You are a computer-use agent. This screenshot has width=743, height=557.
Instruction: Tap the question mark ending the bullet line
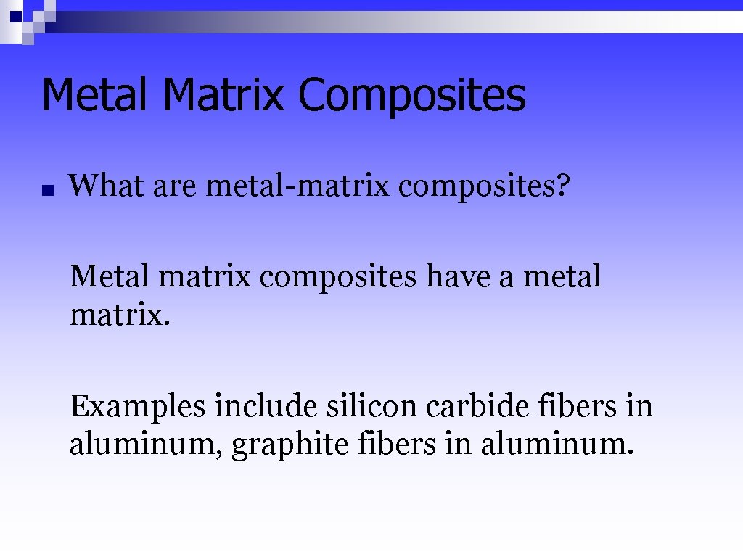[x=565, y=186]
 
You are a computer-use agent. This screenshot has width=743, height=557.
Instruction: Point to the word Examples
[x=138, y=406]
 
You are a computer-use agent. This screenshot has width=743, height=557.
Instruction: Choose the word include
[x=266, y=405]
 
